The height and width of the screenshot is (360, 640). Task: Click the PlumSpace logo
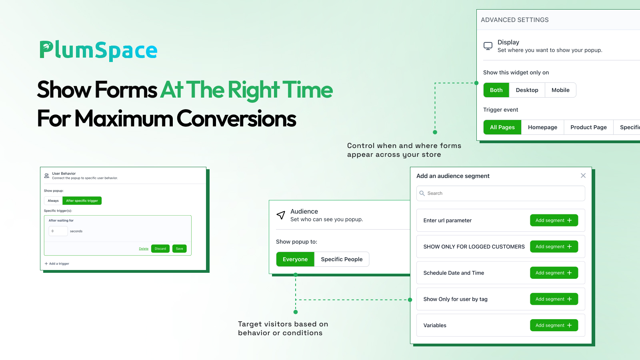pyautogui.click(x=98, y=50)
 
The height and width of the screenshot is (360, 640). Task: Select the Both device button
pyautogui.click(x=496, y=90)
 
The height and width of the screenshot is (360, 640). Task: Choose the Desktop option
pyautogui.click(x=527, y=90)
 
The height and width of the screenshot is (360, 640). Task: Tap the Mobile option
pyautogui.click(x=560, y=90)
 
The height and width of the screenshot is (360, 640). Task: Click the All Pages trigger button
pyautogui.click(x=502, y=127)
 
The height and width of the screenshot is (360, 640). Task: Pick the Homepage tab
pyautogui.click(x=542, y=127)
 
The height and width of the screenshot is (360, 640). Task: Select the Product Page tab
pyautogui.click(x=588, y=127)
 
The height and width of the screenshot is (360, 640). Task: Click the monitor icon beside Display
pyautogui.click(x=488, y=46)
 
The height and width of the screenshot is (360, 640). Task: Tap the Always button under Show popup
pyautogui.click(x=53, y=200)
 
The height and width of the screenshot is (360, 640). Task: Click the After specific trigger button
pyautogui.click(x=82, y=200)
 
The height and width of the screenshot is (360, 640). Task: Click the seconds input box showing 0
pyautogui.click(x=58, y=231)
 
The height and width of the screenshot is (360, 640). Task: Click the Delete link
pyautogui.click(x=144, y=248)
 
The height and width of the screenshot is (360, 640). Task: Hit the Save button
pyautogui.click(x=180, y=248)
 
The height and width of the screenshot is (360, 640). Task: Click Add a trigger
pyautogui.click(x=57, y=264)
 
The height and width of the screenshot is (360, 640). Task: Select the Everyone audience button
pyautogui.click(x=295, y=259)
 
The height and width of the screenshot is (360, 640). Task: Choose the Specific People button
pyautogui.click(x=342, y=259)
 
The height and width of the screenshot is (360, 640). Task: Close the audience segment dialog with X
pyautogui.click(x=583, y=176)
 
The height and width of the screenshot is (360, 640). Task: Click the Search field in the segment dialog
pyautogui.click(x=500, y=194)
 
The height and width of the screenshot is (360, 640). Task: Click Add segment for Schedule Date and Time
pyautogui.click(x=554, y=273)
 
